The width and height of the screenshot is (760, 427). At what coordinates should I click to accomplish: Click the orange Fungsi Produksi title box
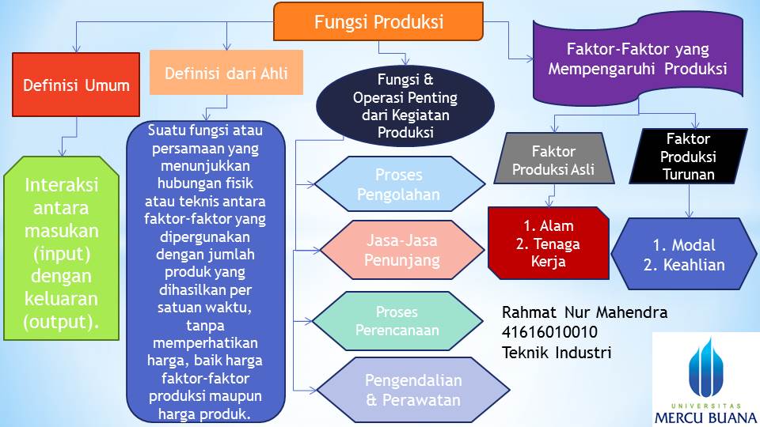pyautogui.click(x=378, y=21)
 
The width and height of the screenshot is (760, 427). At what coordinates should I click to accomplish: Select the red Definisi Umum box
pyautogui.click(x=76, y=85)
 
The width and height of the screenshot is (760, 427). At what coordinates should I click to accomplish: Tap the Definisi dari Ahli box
pyautogui.click(x=226, y=74)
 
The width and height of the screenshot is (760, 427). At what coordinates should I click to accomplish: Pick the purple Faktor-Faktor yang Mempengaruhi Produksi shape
pyautogui.click(x=637, y=59)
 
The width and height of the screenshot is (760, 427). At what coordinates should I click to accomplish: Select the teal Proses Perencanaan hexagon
pyautogui.click(x=397, y=320)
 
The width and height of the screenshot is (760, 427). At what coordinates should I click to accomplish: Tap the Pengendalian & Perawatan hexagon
pyautogui.click(x=412, y=390)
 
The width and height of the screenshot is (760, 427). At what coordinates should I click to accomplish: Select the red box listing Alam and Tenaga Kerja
pyautogui.click(x=548, y=244)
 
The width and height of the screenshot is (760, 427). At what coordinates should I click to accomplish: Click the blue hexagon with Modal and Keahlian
pyautogui.click(x=684, y=255)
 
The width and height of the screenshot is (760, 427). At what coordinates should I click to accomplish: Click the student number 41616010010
pyautogui.click(x=549, y=332)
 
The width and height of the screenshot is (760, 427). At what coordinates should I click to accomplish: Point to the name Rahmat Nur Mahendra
pyautogui.click(x=584, y=312)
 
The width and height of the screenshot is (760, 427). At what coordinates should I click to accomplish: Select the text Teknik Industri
pyautogui.click(x=557, y=352)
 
